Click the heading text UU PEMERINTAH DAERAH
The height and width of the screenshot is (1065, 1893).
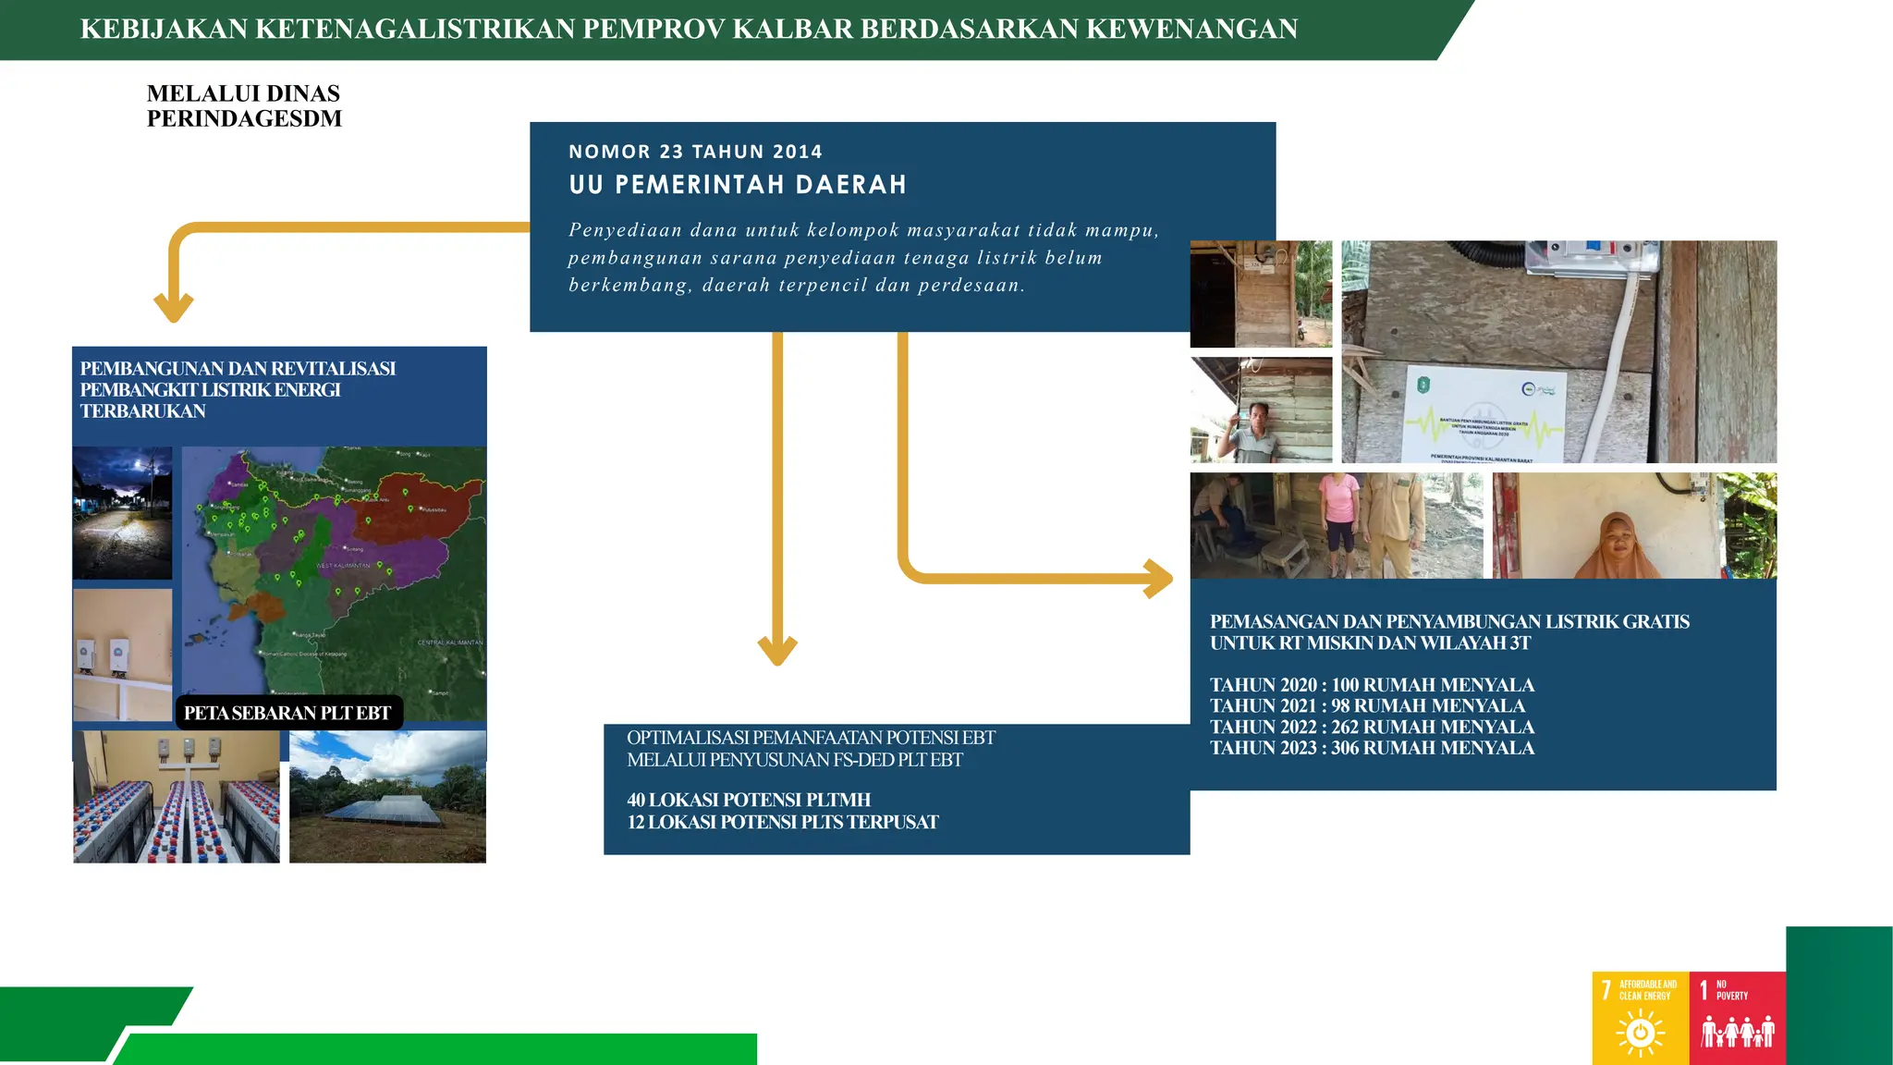tap(738, 185)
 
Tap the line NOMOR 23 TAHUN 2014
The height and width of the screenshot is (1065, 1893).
tap(695, 152)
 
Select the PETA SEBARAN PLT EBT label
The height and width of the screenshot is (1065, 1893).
tap(287, 713)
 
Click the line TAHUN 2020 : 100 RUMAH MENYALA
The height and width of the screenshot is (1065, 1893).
tap(1372, 685)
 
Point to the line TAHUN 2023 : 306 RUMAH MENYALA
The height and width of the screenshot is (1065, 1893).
tap(1372, 748)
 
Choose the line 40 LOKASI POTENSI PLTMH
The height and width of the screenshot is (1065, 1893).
tap(749, 800)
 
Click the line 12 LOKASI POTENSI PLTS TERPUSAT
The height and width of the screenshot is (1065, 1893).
tap(782, 822)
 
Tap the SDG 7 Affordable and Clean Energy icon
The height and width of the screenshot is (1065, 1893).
tap(1640, 1018)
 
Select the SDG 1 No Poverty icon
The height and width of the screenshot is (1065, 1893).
tap(1737, 1018)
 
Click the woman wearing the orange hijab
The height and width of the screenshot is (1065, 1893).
tap(1618, 541)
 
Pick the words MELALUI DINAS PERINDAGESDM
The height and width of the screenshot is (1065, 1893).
tap(244, 105)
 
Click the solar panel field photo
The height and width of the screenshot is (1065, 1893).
tap(387, 797)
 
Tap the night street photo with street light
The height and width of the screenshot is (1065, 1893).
tap(122, 513)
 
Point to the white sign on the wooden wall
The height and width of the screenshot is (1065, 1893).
tap(1484, 413)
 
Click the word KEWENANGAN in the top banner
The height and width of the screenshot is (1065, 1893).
tap(1191, 30)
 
